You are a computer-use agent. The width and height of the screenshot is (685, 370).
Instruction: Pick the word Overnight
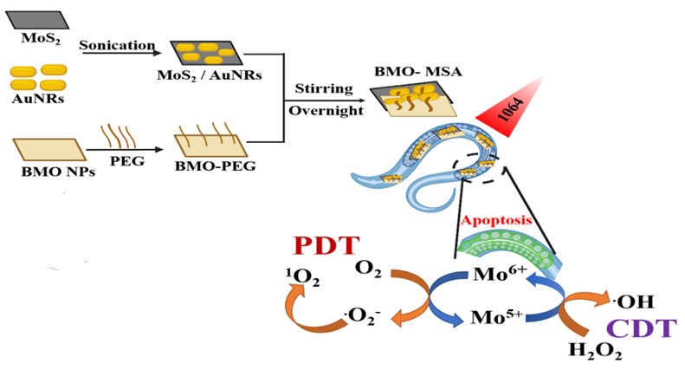[324, 111]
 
